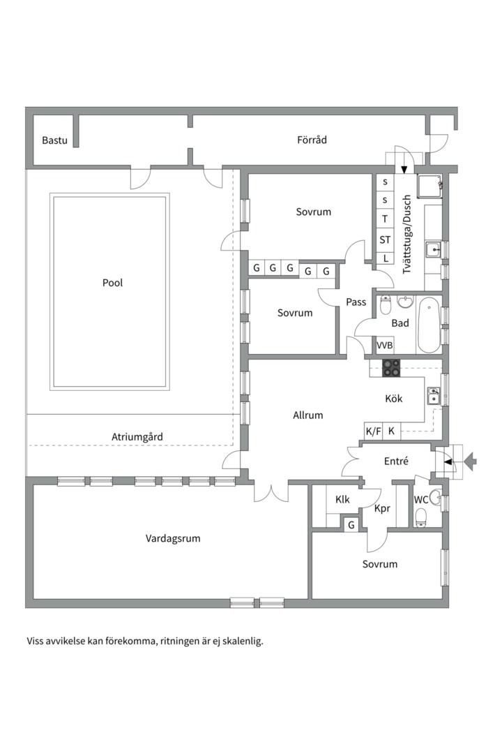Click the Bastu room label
pyautogui.click(x=54, y=140)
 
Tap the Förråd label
pyautogui.click(x=312, y=140)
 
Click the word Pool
pyautogui.click(x=112, y=283)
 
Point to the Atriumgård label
pyautogui.click(x=137, y=437)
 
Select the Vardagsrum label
pyautogui.click(x=173, y=538)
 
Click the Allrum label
pyautogui.click(x=308, y=415)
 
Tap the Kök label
pyautogui.click(x=394, y=398)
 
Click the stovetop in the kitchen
pyautogui.click(x=391, y=368)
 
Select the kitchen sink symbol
pyautogui.click(x=434, y=397)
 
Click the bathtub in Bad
pyautogui.click(x=429, y=325)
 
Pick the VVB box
pyautogui.click(x=385, y=346)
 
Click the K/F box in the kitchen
pyautogui.click(x=373, y=431)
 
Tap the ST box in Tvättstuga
pyautogui.click(x=385, y=239)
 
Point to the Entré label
pyautogui.click(x=396, y=461)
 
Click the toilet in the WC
pyautogui.click(x=421, y=518)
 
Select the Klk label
pyautogui.click(x=342, y=500)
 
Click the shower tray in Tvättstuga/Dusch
pyautogui.click(x=429, y=186)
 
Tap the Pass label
pyautogui.click(x=356, y=302)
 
